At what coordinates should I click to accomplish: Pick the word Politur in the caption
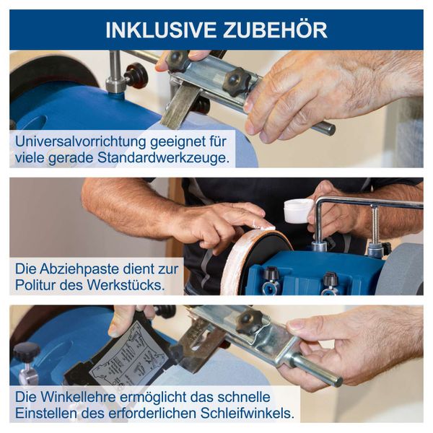click(37, 286)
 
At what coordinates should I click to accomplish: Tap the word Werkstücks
click(126, 286)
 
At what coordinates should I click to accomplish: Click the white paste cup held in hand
click(298, 211)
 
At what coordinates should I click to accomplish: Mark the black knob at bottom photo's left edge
click(26, 352)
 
